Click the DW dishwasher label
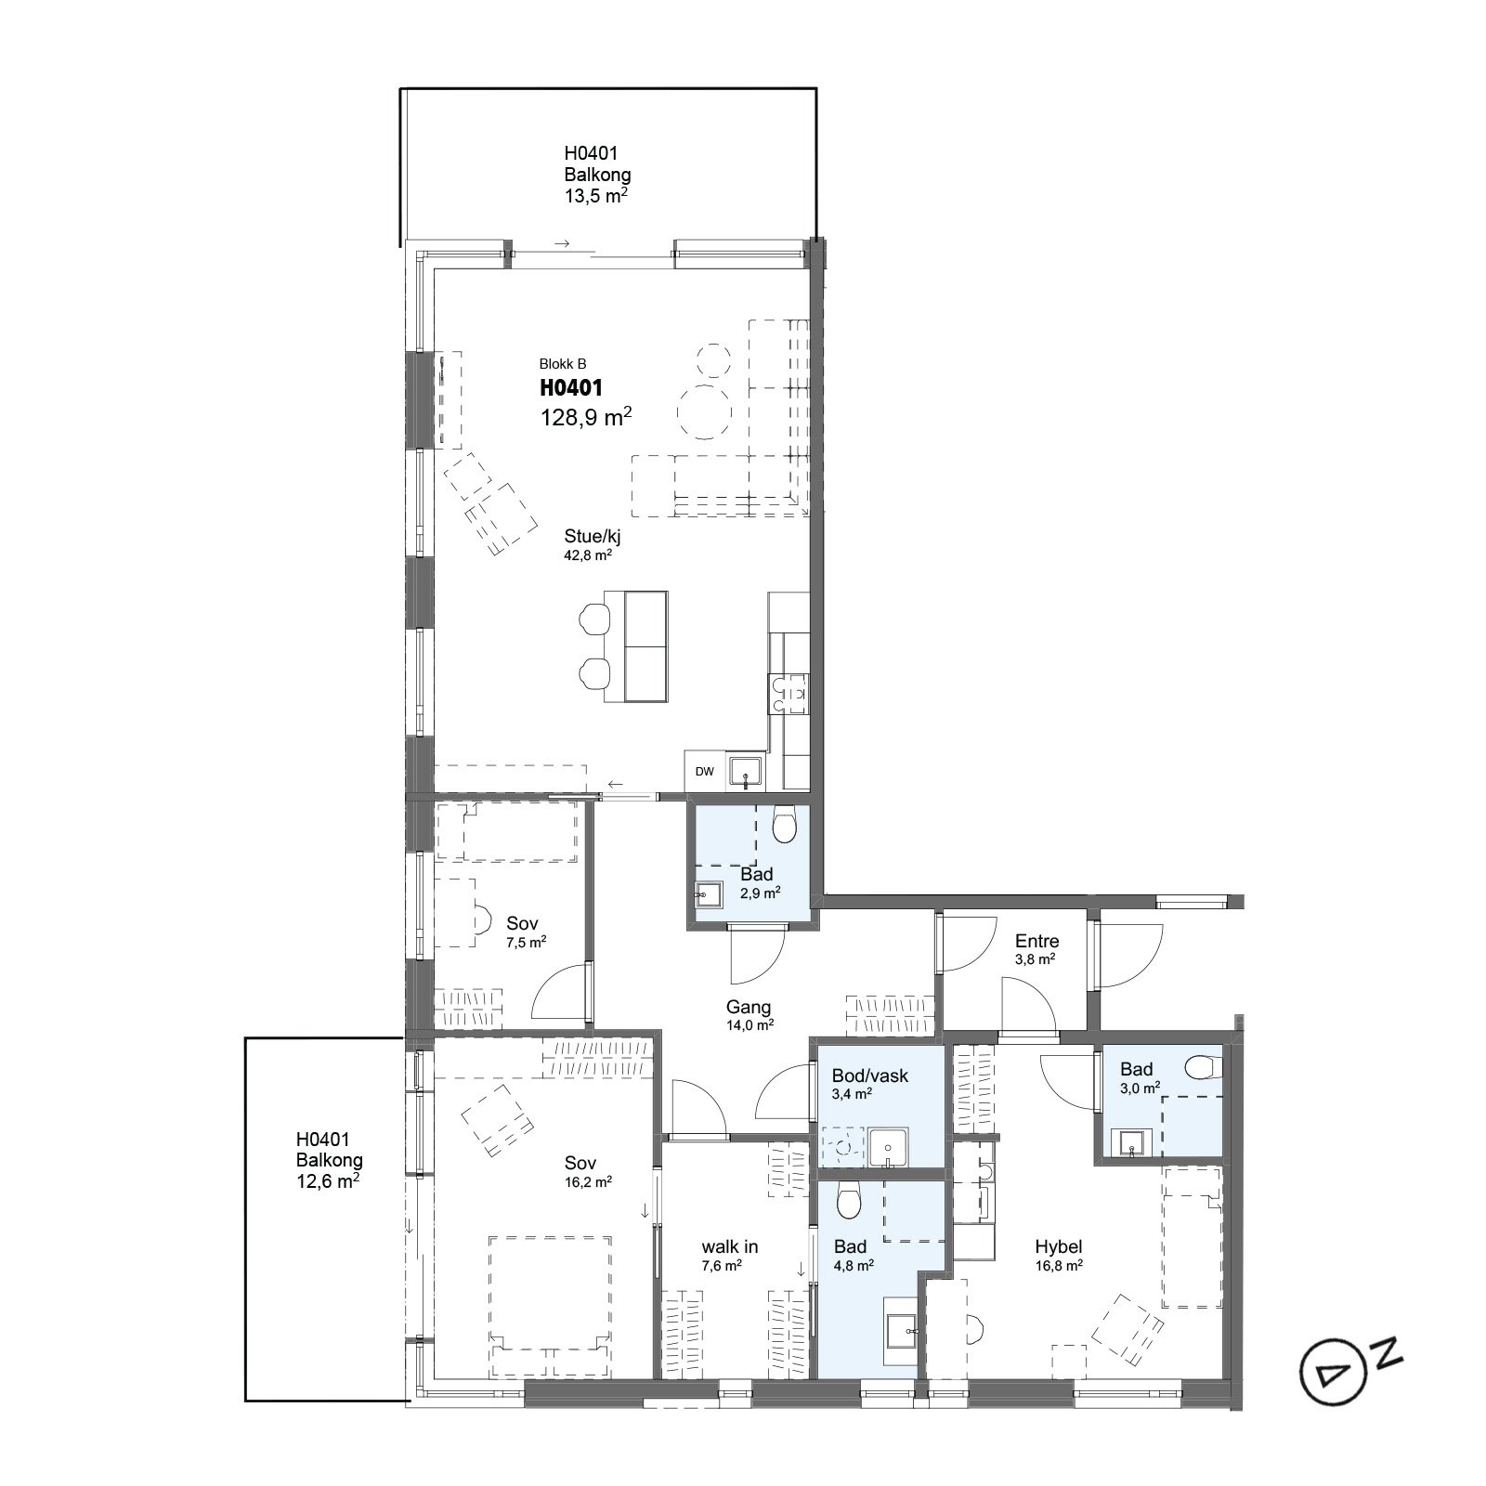pos(705,772)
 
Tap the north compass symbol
pos(1347,1366)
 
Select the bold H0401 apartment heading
pos(571,388)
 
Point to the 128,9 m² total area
pos(586,417)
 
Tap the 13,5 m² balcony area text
pos(596,195)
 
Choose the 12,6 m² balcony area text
pos(328,1181)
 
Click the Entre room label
pos(1036,941)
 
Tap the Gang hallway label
pos(749,1007)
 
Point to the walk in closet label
pos(730,1246)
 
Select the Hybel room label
pos(1059,1247)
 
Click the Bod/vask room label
pos(870,1075)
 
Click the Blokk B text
pos(563,364)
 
